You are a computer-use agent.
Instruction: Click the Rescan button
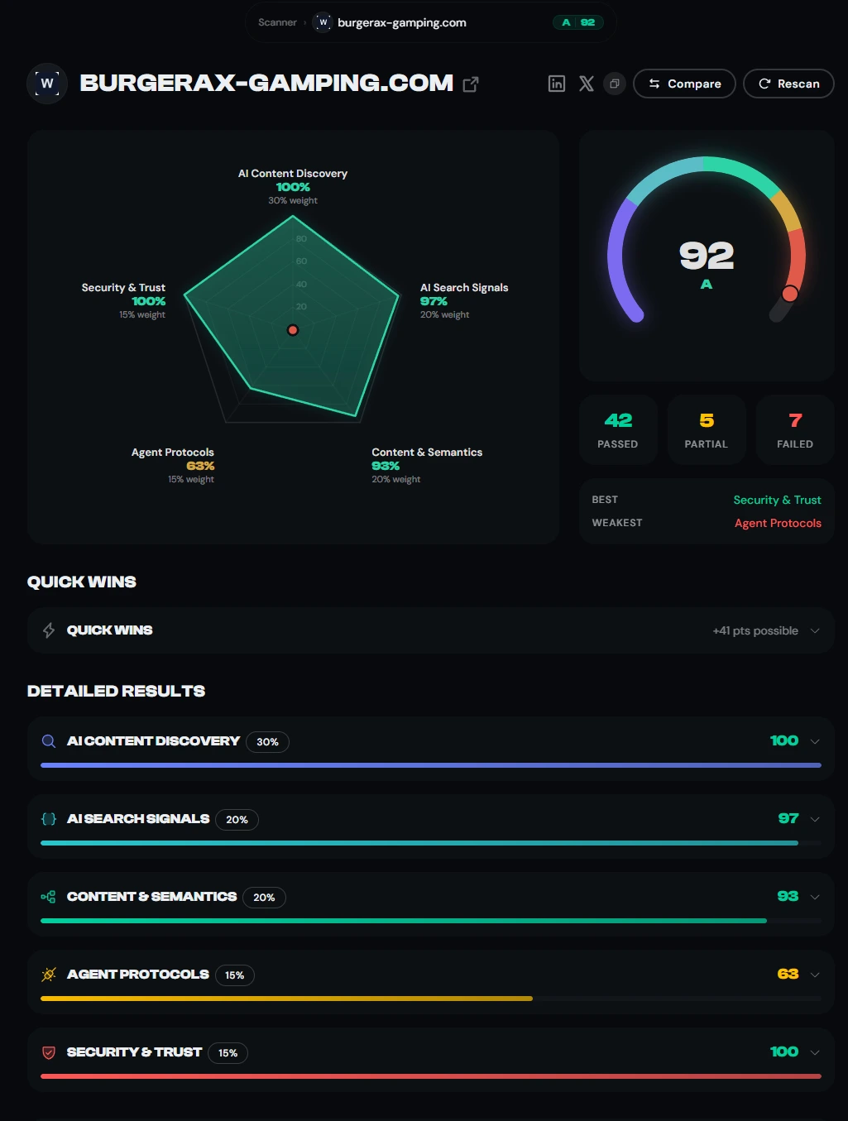coord(788,84)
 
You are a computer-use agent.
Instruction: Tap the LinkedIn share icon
coord(557,84)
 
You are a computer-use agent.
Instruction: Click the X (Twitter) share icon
coord(586,84)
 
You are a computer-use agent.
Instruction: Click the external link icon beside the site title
coord(470,84)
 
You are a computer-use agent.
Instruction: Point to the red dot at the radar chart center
coord(293,330)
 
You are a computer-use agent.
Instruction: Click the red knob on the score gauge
coord(789,294)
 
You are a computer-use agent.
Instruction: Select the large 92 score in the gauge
coord(706,256)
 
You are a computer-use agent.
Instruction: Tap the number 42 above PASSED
coord(618,420)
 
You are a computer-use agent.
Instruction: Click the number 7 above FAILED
coord(795,420)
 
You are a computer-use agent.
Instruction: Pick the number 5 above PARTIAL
coord(707,420)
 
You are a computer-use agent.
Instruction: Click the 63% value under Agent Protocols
coord(200,466)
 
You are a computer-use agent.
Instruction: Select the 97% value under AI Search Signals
coord(434,301)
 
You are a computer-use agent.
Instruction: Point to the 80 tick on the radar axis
coord(301,238)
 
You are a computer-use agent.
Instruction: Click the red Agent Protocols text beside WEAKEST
coord(778,523)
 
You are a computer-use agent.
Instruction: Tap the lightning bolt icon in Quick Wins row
coord(49,630)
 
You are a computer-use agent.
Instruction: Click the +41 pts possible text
coord(755,630)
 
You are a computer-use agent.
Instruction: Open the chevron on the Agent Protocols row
coord(815,975)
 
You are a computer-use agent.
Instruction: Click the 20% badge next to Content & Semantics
coord(264,898)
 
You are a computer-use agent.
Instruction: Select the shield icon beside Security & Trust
coord(49,1052)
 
